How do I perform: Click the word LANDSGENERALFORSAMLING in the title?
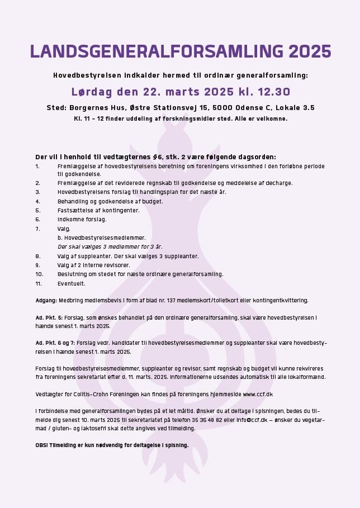tap(157, 51)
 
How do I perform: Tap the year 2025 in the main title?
tap(310, 51)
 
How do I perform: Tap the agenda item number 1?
tap(37, 166)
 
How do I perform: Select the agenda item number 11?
tap(39, 283)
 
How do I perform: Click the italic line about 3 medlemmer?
tap(110, 246)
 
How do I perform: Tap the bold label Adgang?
tap(46, 300)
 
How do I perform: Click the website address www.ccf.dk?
tap(258, 394)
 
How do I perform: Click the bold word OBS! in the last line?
tap(42, 445)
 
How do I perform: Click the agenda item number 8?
tap(37, 256)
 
